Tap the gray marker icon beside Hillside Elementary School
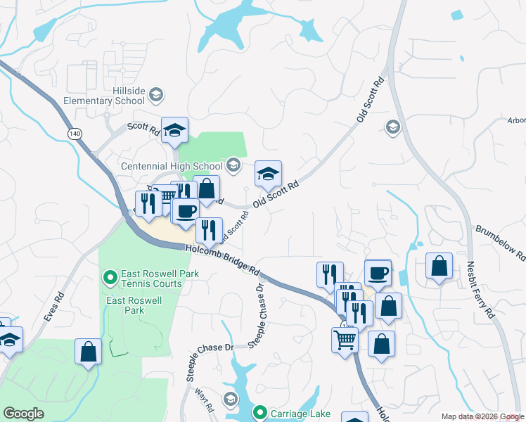coord(156,94)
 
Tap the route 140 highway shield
coord(75,132)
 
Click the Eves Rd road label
coord(54,307)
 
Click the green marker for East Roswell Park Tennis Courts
coord(110,279)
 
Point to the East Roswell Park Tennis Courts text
coord(152,279)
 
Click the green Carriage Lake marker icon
coord(260,412)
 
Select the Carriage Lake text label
coord(298,412)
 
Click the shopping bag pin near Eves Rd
coord(88,352)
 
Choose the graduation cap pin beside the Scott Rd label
coord(174,129)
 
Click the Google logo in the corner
coord(23,413)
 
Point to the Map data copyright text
coord(482,416)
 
